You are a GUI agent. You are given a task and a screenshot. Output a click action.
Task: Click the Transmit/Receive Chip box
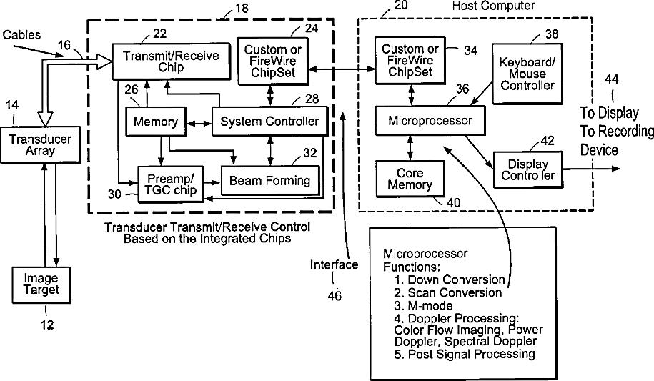coord(172,61)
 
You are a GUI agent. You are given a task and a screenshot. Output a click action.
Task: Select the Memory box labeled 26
coord(156,122)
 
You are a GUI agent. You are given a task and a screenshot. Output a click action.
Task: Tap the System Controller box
coord(270,122)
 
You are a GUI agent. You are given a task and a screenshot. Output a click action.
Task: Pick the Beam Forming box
coord(270,181)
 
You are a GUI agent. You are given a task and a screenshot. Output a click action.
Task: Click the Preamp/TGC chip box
coord(171,184)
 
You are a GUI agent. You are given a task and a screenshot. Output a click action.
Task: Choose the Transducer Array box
coord(41,145)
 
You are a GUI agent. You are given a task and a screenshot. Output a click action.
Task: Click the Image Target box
coord(41,284)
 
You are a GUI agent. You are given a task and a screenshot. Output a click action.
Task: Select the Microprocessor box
coord(430,121)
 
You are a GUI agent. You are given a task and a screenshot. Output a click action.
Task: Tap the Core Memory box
coord(410,179)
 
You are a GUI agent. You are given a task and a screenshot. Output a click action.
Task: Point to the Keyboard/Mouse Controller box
coord(527,74)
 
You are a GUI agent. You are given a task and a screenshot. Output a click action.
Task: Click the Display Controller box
coord(528,170)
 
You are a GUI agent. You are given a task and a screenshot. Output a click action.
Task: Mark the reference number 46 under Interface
coord(335,296)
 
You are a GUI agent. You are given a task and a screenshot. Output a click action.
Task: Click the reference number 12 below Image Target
coord(47,325)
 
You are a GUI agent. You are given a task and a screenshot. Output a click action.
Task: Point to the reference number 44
coord(612,79)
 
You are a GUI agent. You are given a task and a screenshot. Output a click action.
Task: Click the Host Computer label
coord(493,6)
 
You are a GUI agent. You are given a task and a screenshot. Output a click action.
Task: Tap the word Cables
coord(21,34)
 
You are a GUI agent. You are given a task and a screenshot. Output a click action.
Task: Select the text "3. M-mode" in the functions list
coord(423,305)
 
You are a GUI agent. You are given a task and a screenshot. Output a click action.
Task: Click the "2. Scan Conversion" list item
coord(447,292)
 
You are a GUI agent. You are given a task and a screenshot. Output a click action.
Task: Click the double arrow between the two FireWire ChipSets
coord(342,69)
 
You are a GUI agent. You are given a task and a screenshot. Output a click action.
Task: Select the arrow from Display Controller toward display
coord(591,169)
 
